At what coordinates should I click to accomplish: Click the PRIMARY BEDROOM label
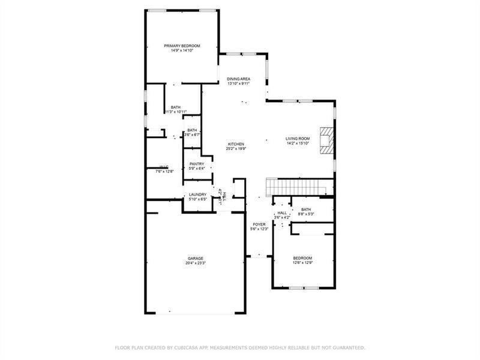click(182, 46)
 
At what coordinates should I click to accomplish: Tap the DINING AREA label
click(238, 79)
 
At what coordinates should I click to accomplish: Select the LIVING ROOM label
click(297, 139)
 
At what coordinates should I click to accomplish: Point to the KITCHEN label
click(235, 144)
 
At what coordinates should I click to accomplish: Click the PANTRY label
click(197, 164)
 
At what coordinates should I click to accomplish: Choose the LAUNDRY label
click(197, 194)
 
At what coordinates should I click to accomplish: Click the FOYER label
click(258, 224)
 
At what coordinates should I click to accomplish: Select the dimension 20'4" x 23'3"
click(195, 263)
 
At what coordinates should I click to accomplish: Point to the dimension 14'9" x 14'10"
click(182, 50)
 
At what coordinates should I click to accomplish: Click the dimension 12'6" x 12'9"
click(302, 263)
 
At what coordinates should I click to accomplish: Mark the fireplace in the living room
click(325, 140)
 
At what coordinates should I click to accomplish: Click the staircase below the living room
click(298, 187)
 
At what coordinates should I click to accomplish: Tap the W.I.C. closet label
click(164, 167)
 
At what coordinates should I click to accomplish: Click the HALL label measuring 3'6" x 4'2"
click(281, 213)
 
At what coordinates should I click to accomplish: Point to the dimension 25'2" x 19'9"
click(235, 149)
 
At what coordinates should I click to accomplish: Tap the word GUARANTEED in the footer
click(348, 347)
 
